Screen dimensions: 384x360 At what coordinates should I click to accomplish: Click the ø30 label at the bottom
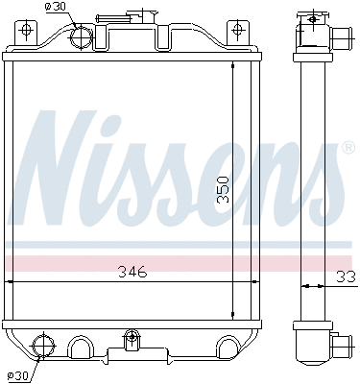(x=18, y=374)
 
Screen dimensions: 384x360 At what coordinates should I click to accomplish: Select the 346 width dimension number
(x=132, y=272)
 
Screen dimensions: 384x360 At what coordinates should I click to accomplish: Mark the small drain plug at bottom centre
(x=132, y=339)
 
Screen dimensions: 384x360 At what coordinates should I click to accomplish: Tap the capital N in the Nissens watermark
(x=67, y=168)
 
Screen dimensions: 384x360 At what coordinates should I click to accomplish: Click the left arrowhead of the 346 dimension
(x=10, y=282)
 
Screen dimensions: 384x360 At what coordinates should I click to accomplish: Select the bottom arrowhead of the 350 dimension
(x=233, y=317)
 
